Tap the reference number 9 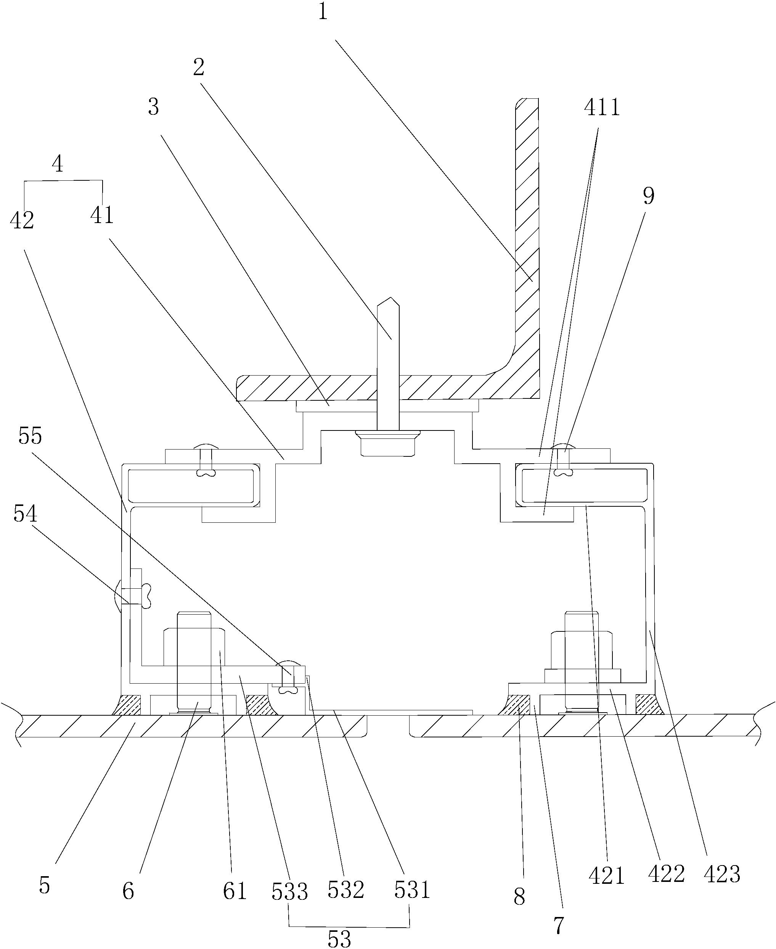click(648, 196)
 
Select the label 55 click(31, 435)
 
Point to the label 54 click(25, 514)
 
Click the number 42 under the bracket click(22, 220)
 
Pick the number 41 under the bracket click(102, 215)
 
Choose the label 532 click(346, 890)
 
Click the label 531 click(412, 890)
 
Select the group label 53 click(339, 939)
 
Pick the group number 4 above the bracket click(57, 164)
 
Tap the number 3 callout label click(153, 107)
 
